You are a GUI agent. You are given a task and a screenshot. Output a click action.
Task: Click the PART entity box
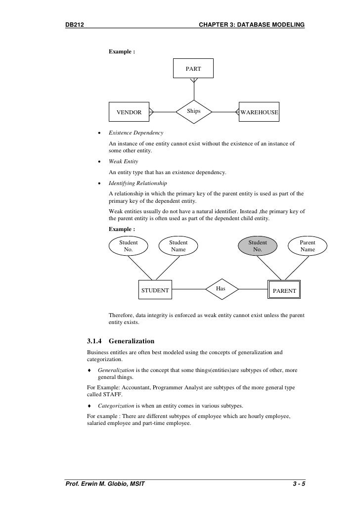coord(193,69)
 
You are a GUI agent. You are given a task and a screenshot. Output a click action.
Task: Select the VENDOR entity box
coord(129,112)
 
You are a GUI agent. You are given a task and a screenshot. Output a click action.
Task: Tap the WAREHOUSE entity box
coord(259,112)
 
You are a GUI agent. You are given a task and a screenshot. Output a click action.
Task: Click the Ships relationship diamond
coord(194,111)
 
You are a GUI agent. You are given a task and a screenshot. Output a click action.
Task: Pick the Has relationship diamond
coord(221,288)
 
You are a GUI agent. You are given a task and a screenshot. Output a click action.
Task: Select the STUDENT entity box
coord(155,290)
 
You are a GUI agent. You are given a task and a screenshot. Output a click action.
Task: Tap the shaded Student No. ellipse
coord(257,246)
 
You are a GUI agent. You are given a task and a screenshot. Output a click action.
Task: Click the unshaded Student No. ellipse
coord(129,246)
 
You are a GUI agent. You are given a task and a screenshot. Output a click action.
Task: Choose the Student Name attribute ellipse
coord(179,246)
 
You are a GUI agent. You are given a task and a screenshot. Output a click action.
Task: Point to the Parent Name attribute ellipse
coord(308,246)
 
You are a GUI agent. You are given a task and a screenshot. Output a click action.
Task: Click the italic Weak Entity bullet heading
coord(123,162)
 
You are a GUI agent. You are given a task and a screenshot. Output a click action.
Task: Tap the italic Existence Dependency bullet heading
coord(136,134)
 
